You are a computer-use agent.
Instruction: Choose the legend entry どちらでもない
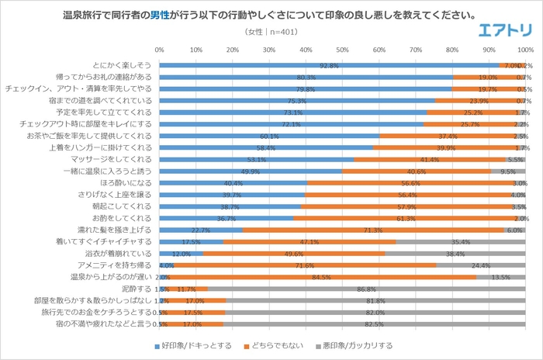(x=276, y=344)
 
